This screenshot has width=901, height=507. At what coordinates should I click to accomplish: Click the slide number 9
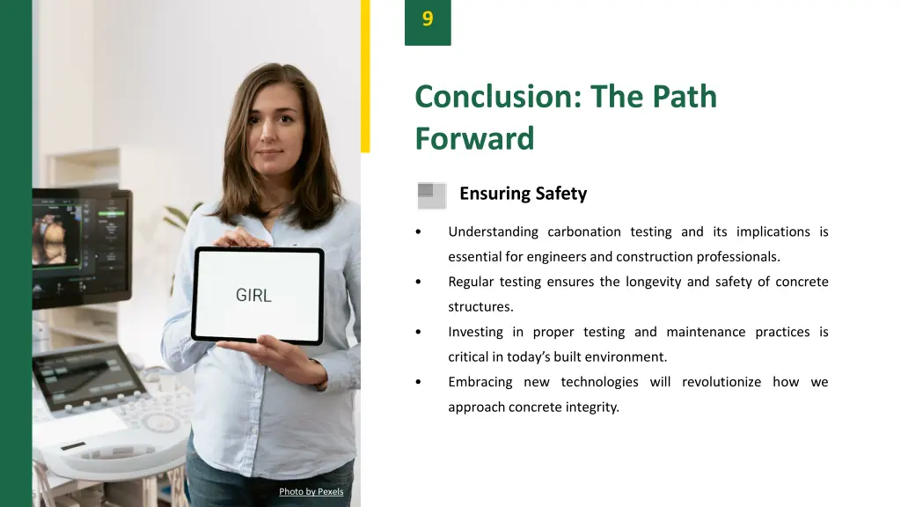coord(428,19)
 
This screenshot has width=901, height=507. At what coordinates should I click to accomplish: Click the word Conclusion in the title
coord(492,96)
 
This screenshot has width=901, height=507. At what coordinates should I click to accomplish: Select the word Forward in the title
coord(474,139)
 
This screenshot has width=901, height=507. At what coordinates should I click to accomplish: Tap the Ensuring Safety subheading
coord(523,194)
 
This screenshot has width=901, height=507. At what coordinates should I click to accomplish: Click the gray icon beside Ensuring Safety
coord(431,195)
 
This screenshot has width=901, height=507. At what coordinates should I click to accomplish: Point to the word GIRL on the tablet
coord(253,296)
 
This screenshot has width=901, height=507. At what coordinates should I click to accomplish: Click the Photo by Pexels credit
coord(311,491)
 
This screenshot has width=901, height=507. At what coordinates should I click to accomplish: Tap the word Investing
coord(475,333)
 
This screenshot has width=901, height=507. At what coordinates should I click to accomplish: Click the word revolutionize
coord(722,382)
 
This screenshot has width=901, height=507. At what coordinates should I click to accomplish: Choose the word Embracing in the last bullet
coord(480,382)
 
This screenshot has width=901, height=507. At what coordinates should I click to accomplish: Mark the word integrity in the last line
coord(592,408)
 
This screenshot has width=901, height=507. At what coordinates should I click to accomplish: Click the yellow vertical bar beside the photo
coord(365,76)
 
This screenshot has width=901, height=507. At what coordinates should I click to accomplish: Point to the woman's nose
coord(270,132)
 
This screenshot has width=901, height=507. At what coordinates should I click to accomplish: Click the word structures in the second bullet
coord(480,307)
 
